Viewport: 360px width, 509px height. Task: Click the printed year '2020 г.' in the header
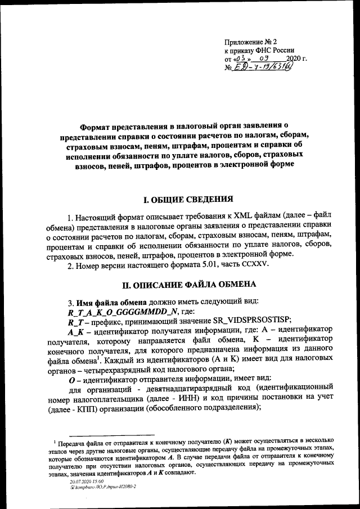(x=296, y=58)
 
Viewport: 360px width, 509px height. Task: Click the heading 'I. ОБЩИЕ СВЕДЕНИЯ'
(x=185, y=199)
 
